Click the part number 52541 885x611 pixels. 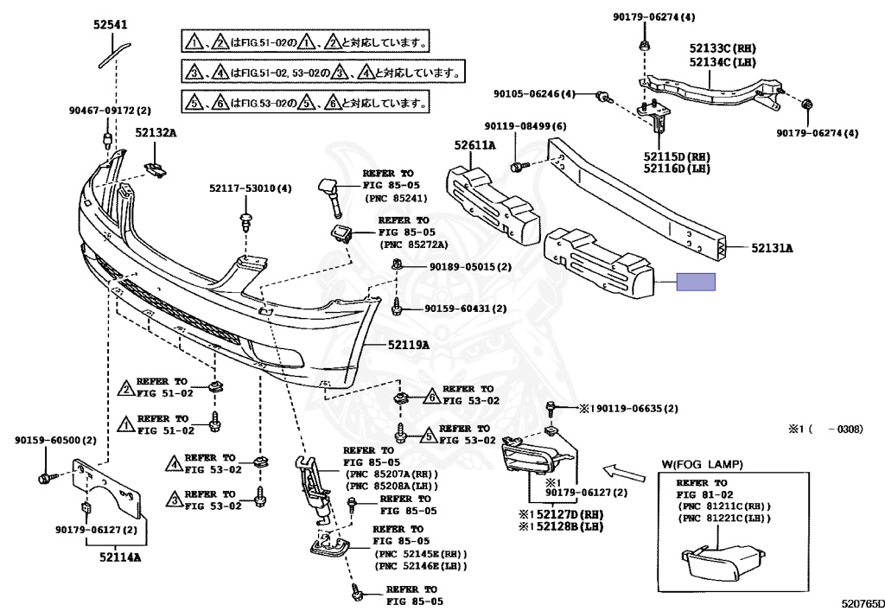pos(111,26)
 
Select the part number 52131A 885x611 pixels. pos(771,248)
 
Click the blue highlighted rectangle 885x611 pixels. pos(695,282)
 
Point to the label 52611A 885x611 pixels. pos(475,145)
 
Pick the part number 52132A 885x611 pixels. pos(156,132)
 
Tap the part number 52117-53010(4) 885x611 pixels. pos(251,188)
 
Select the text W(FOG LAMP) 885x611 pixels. pos(702,465)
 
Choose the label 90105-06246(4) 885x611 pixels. pos(534,94)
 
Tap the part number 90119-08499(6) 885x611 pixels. pos(525,126)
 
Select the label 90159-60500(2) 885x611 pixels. pos(55,441)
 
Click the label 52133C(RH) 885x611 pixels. pos(723,49)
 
